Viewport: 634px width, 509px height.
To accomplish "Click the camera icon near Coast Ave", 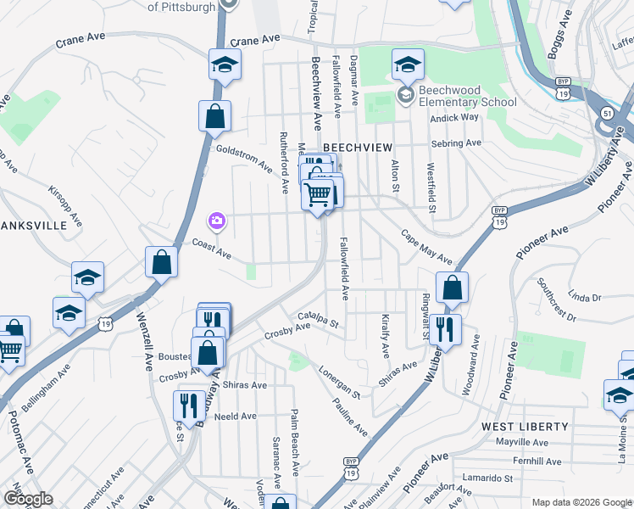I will tap(217, 221).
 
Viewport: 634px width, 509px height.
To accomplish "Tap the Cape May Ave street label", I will tap(426, 247).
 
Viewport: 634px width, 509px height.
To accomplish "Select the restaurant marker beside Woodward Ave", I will tap(445, 329).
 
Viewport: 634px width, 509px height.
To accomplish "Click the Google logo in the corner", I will tap(27, 498).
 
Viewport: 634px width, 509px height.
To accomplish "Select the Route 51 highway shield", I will tap(607, 113).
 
